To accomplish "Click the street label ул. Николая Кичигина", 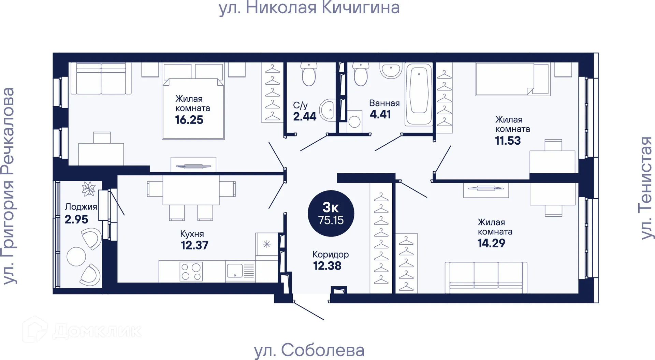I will [x=309, y=8].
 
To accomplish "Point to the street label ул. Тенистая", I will [x=646, y=188].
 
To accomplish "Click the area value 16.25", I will [x=189, y=120].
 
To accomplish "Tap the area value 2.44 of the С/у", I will [x=305, y=116].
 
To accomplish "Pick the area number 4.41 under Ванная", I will [x=380, y=114].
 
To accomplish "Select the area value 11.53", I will [x=508, y=140].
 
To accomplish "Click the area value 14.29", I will [x=491, y=243].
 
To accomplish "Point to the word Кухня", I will [x=192, y=234].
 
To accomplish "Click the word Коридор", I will [x=330, y=255].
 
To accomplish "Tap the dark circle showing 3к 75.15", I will [x=331, y=213].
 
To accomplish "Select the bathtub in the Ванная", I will [x=419, y=93].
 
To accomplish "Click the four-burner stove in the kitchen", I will [x=191, y=272].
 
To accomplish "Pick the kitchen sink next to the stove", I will [x=235, y=271].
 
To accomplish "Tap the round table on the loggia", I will [x=76, y=256].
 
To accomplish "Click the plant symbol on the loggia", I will [x=89, y=189].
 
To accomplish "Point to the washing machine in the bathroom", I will [x=354, y=121].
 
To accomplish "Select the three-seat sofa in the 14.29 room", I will [x=486, y=277].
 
